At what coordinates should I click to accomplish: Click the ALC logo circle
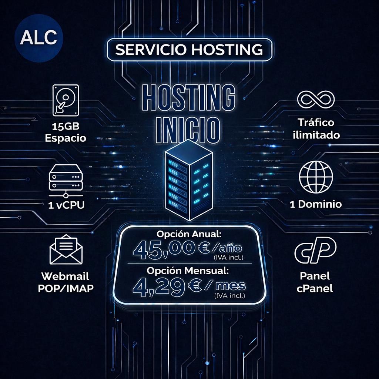tap(39, 38)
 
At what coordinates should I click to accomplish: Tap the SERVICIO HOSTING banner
tap(189, 50)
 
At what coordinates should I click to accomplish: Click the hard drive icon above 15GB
tap(66, 99)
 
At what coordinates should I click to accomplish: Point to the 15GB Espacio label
tap(66, 133)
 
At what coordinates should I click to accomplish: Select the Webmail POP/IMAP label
tap(66, 282)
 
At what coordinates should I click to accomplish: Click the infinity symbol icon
tap(316, 100)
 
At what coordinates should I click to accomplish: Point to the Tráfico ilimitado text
tap(316, 128)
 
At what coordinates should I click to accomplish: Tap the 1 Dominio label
tap(316, 204)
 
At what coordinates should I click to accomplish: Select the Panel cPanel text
tap(315, 282)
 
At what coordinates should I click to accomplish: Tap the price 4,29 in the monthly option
tap(161, 286)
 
